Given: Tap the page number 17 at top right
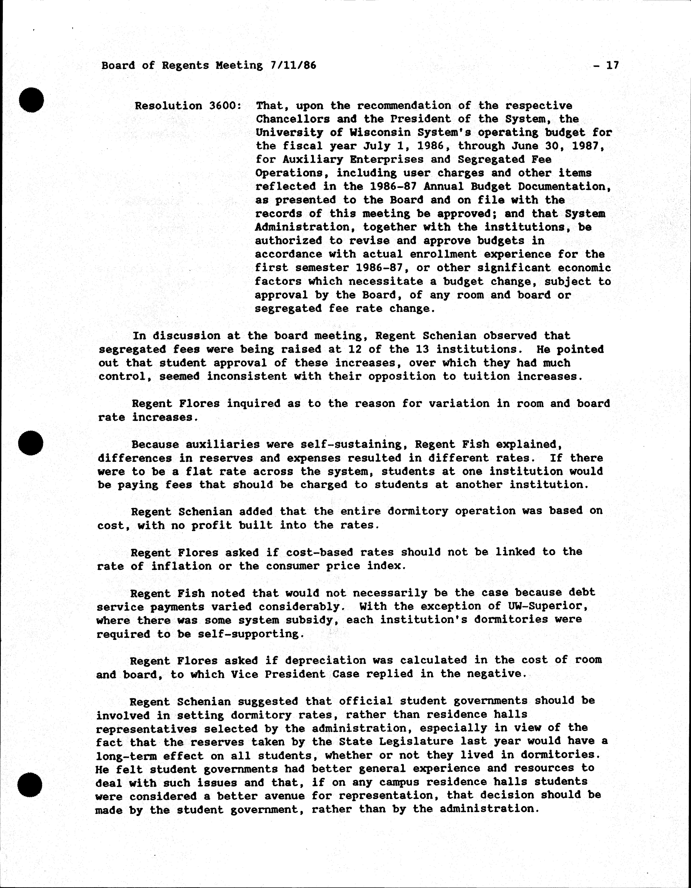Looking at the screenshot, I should click(x=612, y=65).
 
